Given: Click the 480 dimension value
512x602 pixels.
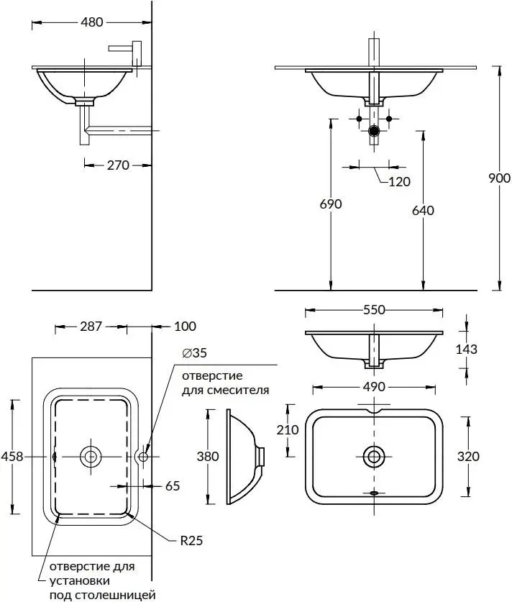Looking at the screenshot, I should click(91, 22).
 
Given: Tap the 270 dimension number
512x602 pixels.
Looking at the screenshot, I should click(118, 165).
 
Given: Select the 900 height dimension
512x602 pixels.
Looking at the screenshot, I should click(499, 178).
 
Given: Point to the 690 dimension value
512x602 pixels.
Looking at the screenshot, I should click(331, 204).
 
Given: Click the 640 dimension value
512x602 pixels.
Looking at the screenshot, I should click(423, 210).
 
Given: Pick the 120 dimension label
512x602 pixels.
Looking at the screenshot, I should click(399, 181).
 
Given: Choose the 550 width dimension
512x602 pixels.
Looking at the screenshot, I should click(374, 310).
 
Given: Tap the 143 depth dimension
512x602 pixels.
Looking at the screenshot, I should click(467, 349).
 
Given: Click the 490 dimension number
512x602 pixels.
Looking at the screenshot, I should click(374, 387).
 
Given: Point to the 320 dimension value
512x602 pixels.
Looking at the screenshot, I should click(467, 456).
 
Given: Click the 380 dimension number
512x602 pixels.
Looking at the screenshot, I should click(208, 456).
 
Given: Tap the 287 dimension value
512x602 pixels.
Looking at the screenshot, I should click(91, 326).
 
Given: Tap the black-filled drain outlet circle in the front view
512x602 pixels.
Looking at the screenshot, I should click(374, 131).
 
